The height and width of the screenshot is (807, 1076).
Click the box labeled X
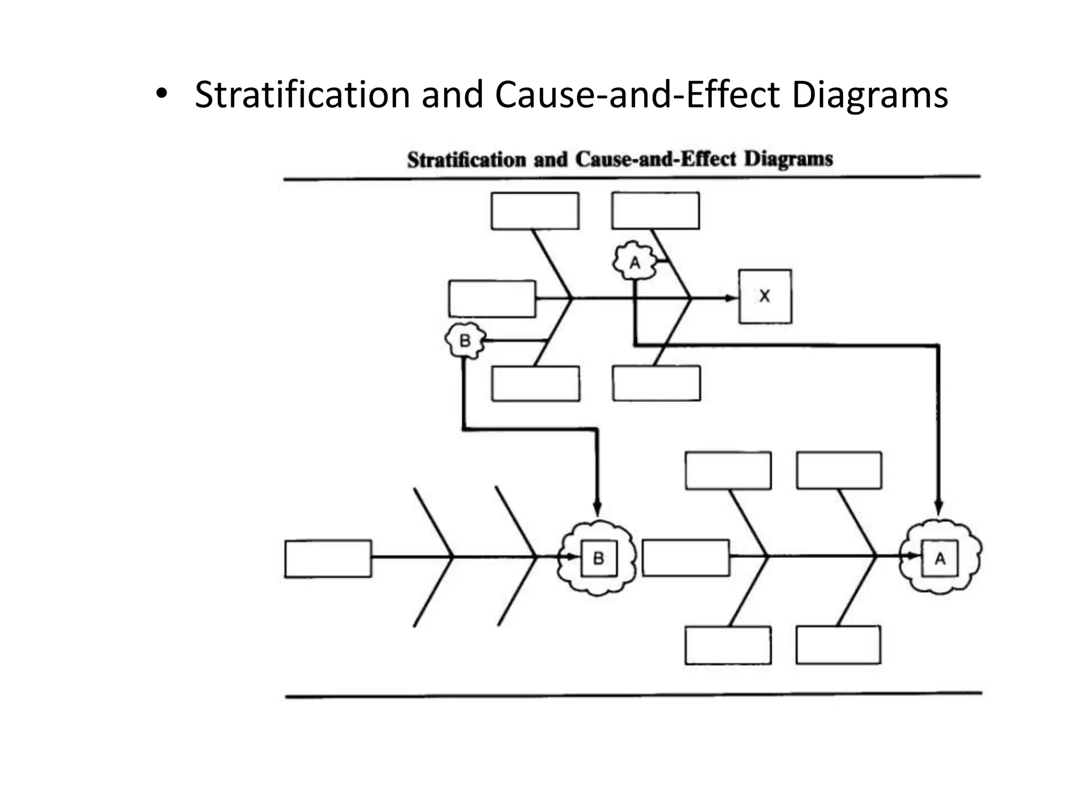coord(765,296)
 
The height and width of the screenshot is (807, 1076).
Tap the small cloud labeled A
coord(635,262)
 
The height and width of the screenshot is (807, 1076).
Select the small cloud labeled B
coord(465,340)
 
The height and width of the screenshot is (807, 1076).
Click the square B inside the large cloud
coord(598,558)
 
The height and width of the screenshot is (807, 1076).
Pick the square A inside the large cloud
coord(940,558)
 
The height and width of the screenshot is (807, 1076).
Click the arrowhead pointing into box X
coord(731,298)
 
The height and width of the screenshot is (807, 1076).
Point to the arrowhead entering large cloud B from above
coord(597,509)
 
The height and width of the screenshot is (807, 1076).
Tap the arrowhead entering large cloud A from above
coord(939,507)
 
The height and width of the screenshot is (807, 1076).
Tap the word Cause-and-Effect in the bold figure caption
coord(656,159)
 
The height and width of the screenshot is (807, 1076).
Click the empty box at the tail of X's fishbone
coord(492,298)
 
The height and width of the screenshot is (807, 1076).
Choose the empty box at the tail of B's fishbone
coord(328,558)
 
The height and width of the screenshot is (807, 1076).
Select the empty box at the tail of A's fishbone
coord(686,557)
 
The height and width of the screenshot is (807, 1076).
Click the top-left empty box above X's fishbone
coord(535,211)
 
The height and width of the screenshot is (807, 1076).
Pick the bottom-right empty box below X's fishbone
coord(656,384)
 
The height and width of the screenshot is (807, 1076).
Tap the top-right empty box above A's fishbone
coord(839,470)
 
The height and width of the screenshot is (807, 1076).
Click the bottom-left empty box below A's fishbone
coord(728,645)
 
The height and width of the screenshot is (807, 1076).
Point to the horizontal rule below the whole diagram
coord(633,695)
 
